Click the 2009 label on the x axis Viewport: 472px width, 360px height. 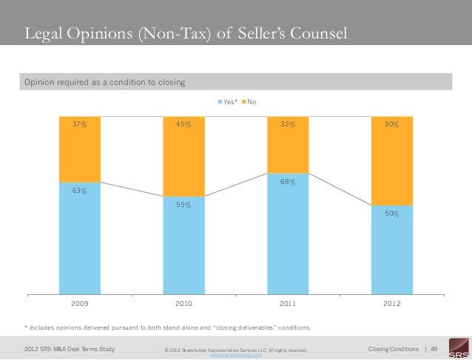(x=79, y=304)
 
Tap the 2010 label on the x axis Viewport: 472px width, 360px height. (x=183, y=304)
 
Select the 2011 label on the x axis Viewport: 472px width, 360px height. (x=288, y=304)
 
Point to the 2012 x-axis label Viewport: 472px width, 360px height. (x=392, y=304)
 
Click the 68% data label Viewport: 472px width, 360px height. (x=288, y=182)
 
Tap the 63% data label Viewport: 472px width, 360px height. (x=79, y=191)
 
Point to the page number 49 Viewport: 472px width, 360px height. (x=434, y=348)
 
